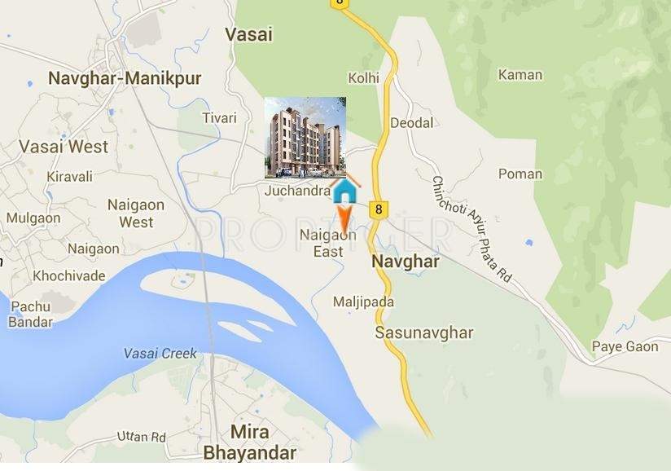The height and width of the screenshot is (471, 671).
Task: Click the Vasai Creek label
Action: tap(160, 354)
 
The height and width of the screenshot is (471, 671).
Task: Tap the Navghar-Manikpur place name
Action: tap(125, 78)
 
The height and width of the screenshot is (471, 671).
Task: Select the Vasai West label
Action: tap(64, 147)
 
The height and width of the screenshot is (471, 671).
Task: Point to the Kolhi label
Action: tap(364, 78)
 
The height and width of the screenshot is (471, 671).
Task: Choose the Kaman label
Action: tap(520, 75)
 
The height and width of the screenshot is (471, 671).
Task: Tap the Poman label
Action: tap(520, 174)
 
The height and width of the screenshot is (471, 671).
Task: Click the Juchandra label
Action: tap(297, 191)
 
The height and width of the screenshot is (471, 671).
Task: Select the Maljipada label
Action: tap(363, 302)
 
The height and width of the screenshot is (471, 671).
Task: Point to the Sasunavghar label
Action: tap(423, 332)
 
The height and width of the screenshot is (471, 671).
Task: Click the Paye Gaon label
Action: tap(625, 347)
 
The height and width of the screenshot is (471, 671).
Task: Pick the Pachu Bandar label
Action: tap(30, 314)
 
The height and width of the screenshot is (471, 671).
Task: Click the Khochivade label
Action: tap(69, 275)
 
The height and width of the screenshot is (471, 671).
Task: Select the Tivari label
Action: tap(219, 118)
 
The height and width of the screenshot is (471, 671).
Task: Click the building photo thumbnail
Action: tap(305, 137)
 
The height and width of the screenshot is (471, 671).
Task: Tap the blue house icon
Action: tap(345, 191)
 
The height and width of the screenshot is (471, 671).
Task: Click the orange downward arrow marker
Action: tap(345, 220)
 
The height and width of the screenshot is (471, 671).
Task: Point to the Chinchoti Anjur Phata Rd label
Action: tap(471, 231)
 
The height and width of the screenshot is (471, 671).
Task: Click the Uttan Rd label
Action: tap(141, 437)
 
